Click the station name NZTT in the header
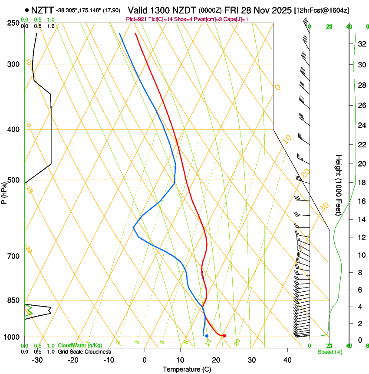click(x=43, y=10)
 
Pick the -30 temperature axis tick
click(x=37, y=360)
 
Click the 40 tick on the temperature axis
click(x=287, y=360)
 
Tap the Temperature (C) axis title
click(x=187, y=369)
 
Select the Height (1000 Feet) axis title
click(x=339, y=185)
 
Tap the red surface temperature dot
click(x=224, y=336)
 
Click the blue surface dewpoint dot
click(x=207, y=336)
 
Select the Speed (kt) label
click(x=329, y=352)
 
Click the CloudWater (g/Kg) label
click(x=80, y=346)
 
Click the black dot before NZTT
click(x=27, y=10)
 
